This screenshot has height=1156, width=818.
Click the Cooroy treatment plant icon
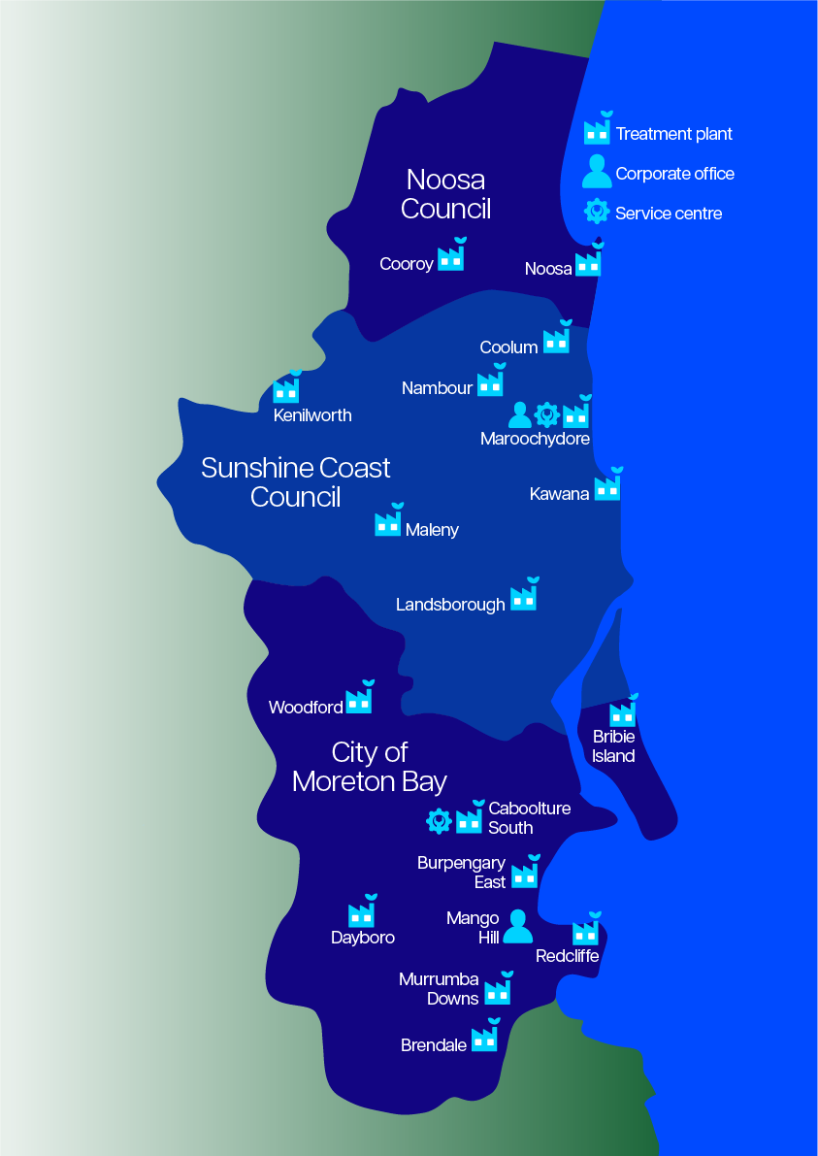(450, 257)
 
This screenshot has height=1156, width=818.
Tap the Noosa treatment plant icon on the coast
(588, 263)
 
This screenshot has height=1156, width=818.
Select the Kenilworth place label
(312, 415)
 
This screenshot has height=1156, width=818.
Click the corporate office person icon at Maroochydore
(520, 415)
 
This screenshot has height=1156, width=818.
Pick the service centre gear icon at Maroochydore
(547, 415)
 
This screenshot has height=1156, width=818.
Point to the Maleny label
(432, 530)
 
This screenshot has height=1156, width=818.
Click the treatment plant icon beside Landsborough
(524, 597)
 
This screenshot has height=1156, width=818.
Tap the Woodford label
(306, 708)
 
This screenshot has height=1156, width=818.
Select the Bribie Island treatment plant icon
(622, 713)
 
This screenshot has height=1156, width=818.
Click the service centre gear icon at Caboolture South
(440, 821)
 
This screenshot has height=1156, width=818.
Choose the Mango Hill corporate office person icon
(518, 927)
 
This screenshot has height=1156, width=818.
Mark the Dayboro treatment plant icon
(361, 913)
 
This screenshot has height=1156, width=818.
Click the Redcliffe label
(568, 956)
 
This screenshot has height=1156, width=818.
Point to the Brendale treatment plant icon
(484, 1038)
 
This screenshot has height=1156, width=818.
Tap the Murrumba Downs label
(440, 989)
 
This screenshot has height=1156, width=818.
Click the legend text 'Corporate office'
(674, 174)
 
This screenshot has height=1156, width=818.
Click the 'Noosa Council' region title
(445, 194)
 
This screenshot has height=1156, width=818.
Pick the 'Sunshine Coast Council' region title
(296, 482)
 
